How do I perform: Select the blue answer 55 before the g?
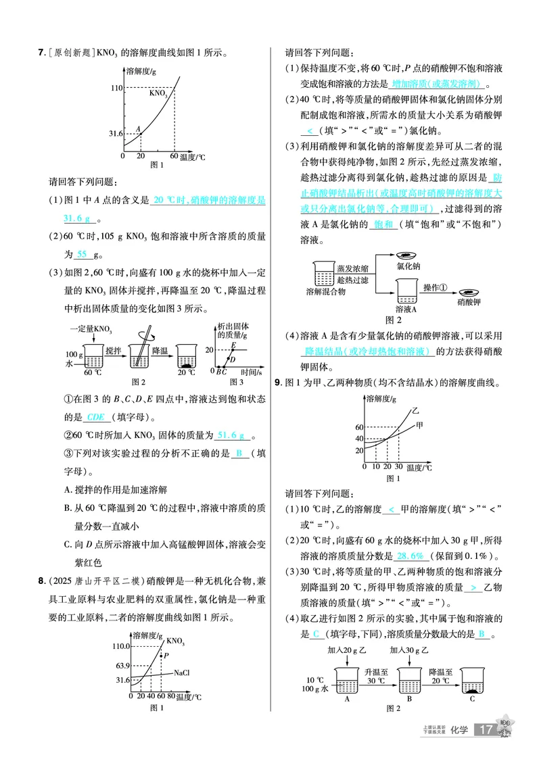click(x=82, y=254)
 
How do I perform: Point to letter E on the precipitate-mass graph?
click(x=233, y=345)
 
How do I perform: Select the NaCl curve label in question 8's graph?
click(x=181, y=673)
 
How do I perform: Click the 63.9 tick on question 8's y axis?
click(x=122, y=666)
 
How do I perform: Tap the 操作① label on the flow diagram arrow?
click(x=436, y=287)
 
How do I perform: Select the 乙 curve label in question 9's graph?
click(x=415, y=410)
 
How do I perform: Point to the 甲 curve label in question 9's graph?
click(x=419, y=424)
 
